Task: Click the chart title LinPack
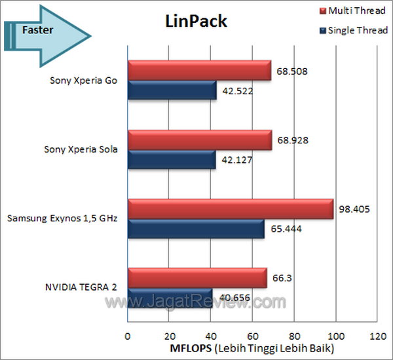[195, 22]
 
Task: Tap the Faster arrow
[46, 30]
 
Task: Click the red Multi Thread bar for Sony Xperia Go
[198, 71]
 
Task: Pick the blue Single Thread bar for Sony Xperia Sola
[171, 159]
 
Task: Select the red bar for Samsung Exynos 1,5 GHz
[230, 209]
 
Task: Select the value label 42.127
[236, 159]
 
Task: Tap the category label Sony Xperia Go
[84, 82]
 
